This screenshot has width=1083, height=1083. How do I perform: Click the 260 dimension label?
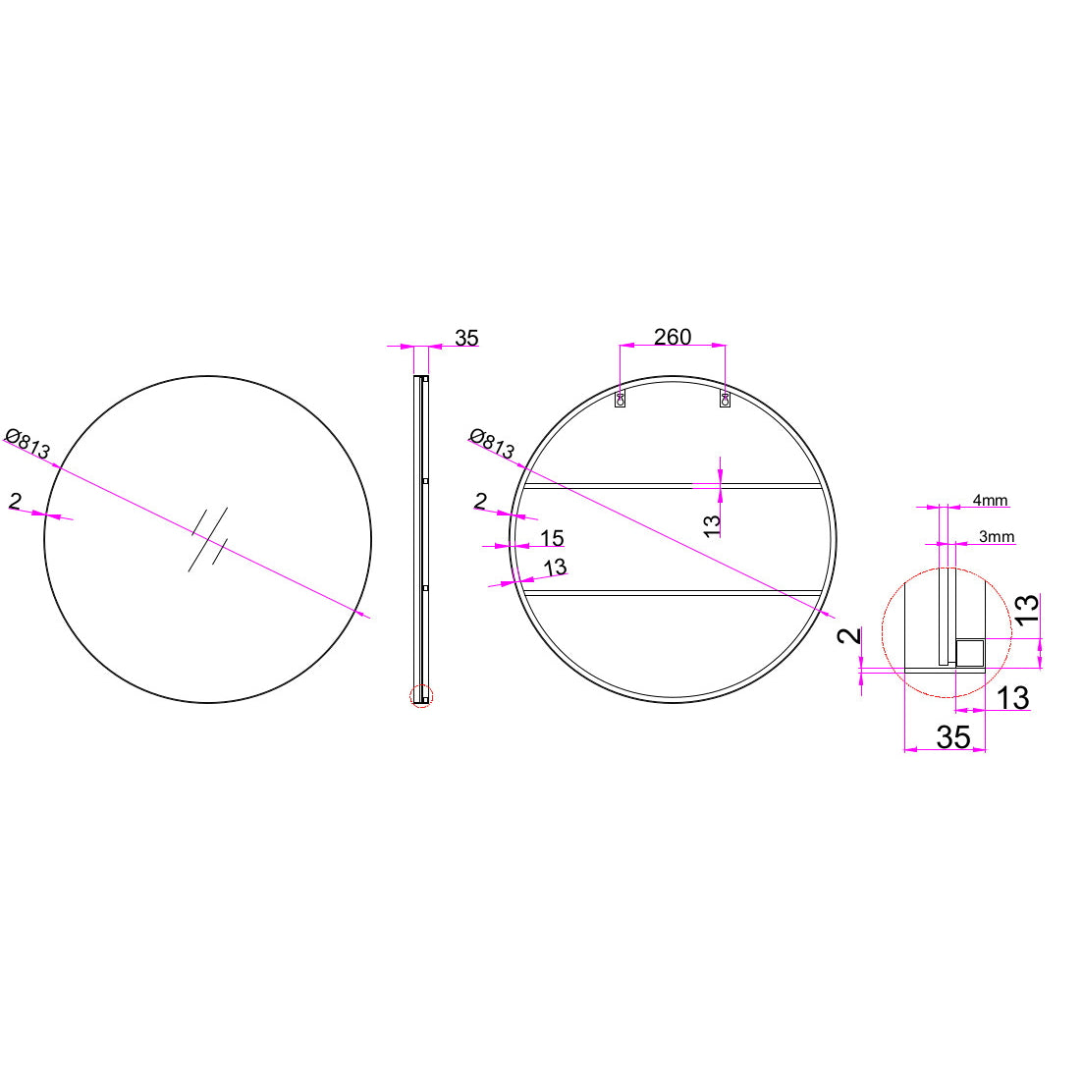coord(672,337)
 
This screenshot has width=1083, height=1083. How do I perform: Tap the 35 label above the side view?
coord(466,338)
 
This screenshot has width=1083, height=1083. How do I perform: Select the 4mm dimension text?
coord(990,500)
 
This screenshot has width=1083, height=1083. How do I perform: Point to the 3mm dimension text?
coord(996,536)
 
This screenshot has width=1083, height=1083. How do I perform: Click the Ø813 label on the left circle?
coord(27,444)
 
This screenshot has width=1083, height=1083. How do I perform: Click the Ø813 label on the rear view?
coord(492,444)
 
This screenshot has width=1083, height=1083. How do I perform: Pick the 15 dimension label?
coord(552,537)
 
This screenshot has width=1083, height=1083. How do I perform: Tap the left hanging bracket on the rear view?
coord(621,400)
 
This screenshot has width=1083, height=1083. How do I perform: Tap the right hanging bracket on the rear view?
coord(726,400)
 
